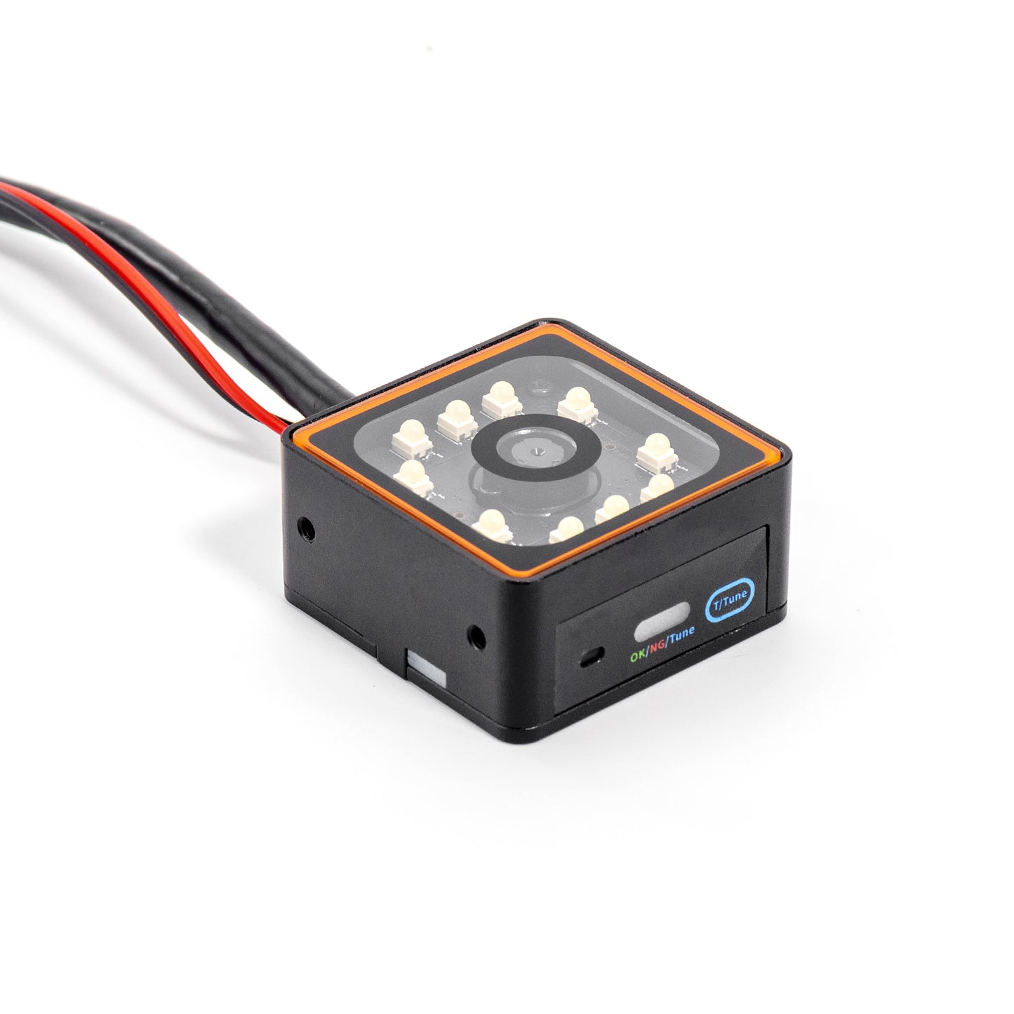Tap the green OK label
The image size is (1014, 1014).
(638, 655)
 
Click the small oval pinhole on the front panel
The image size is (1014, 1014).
(590, 657)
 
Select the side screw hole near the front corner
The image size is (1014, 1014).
(476, 636)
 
